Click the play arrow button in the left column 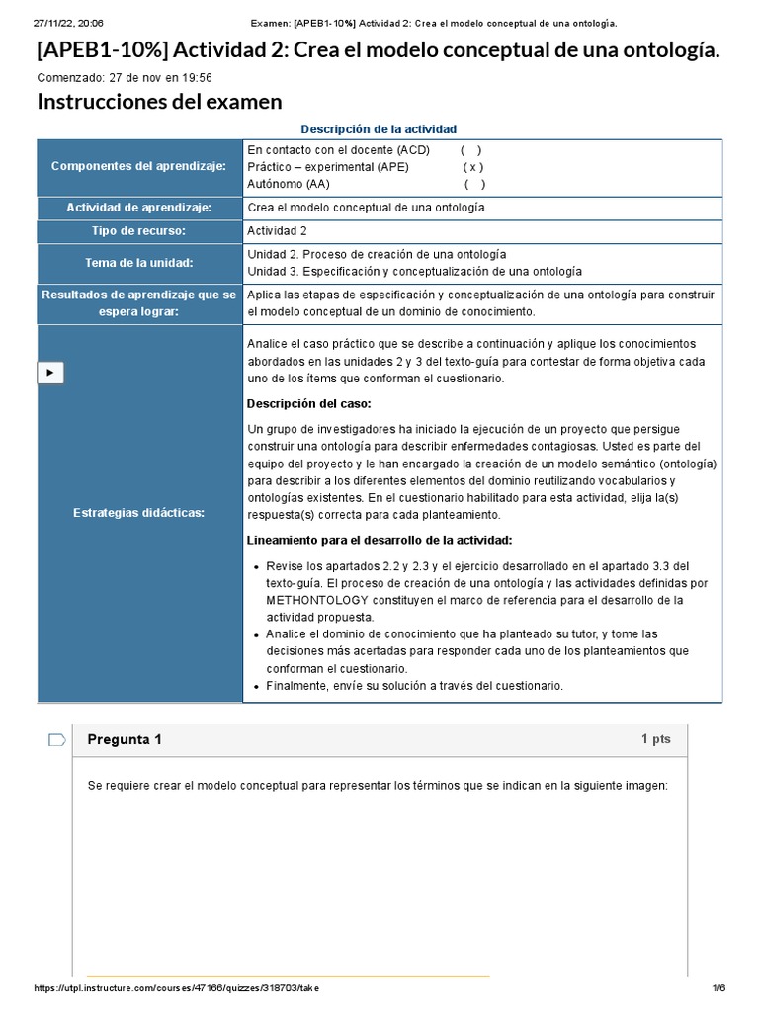[50, 373]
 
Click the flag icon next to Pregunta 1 [57, 739]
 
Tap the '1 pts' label [655, 739]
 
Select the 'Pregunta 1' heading [125, 739]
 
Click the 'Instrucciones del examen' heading [159, 102]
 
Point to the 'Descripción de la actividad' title [379, 128]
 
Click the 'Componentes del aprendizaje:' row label [139, 166]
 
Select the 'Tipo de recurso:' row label [139, 231]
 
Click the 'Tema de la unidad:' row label [139, 262]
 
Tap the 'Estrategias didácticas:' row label [139, 512]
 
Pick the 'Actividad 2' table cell [278, 231]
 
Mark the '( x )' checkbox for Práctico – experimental [473, 167]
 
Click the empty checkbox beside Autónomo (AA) [474, 184]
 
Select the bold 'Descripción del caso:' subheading [309, 403]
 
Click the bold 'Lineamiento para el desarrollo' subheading [379, 540]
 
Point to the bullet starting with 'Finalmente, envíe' [414, 685]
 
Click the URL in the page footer [177, 988]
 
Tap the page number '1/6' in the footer [718, 988]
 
